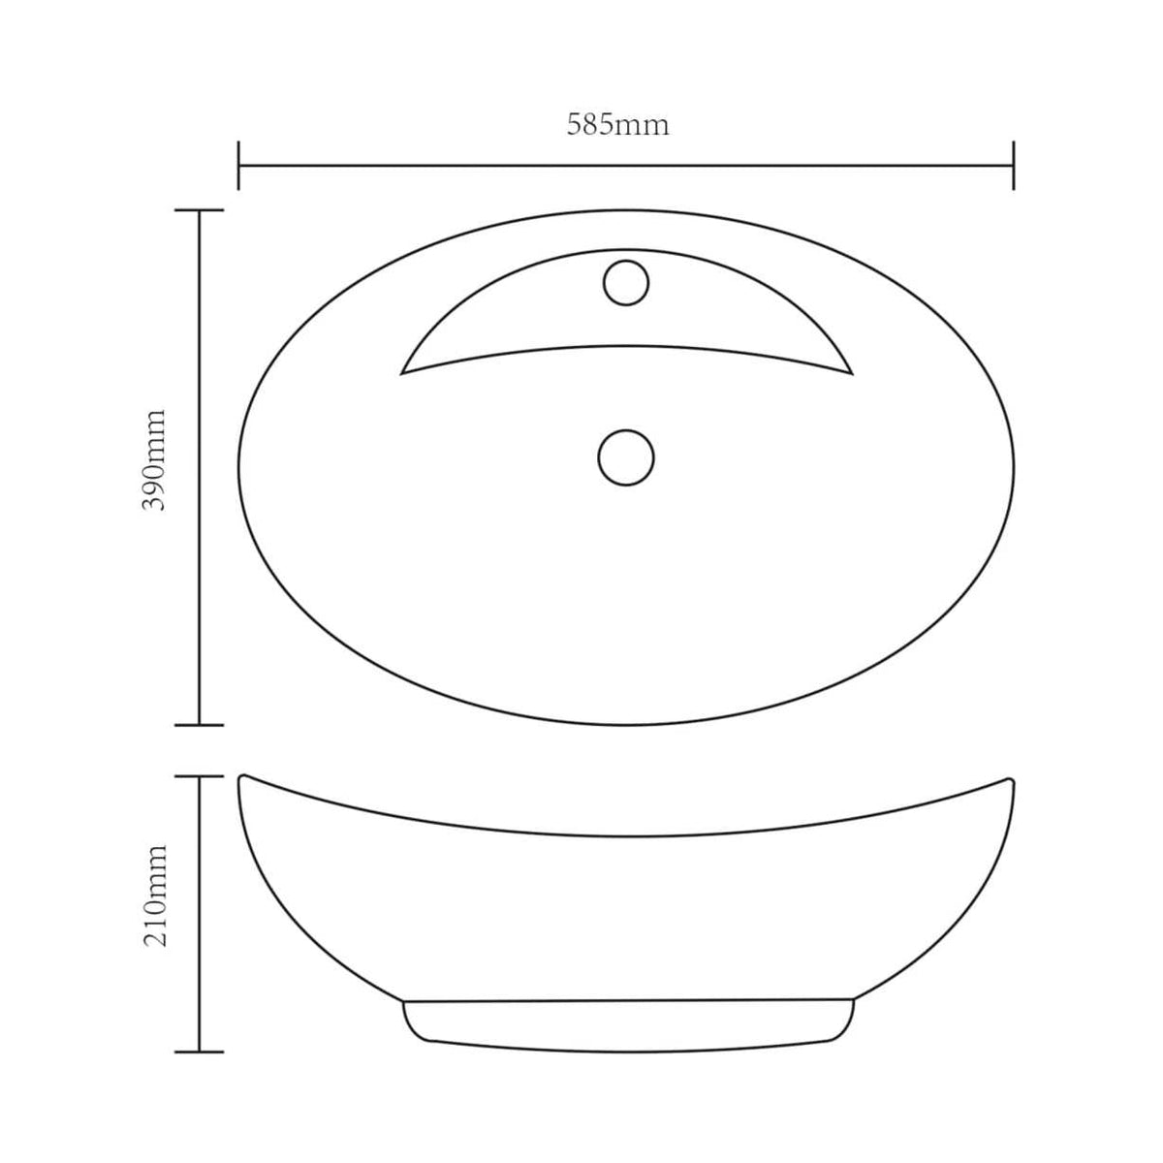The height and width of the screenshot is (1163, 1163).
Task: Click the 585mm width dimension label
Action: tap(617, 125)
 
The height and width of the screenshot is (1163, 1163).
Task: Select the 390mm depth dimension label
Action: tap(154, 460)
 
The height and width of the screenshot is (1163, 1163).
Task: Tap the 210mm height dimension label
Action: tap(155, 896)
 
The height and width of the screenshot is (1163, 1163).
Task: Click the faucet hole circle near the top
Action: tap(626, 282)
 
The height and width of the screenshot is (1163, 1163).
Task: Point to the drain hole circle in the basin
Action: tap(626, 457)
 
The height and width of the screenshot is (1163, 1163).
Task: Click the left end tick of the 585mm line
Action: tap(238, 166)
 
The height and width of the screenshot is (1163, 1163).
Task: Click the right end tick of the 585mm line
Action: tap(1014, 166)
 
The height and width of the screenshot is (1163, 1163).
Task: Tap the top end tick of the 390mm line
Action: tap(200, 210)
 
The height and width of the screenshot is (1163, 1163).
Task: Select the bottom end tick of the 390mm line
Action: tap(200, 725)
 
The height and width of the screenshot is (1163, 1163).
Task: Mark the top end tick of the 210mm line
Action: tap(200, 776)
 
